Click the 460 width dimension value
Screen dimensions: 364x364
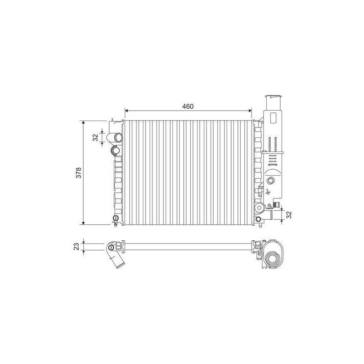coord(187,106)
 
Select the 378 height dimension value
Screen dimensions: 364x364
coord(79,173)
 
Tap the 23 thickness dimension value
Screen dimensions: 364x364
coord(76,246)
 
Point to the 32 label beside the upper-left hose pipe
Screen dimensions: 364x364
coord(96,137)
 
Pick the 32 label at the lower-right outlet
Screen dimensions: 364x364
coord(288,215)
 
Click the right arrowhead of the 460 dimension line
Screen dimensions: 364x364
coord(249,111)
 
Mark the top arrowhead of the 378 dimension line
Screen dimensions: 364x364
coord(83,123)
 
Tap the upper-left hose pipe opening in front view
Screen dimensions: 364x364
coord(119,137)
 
